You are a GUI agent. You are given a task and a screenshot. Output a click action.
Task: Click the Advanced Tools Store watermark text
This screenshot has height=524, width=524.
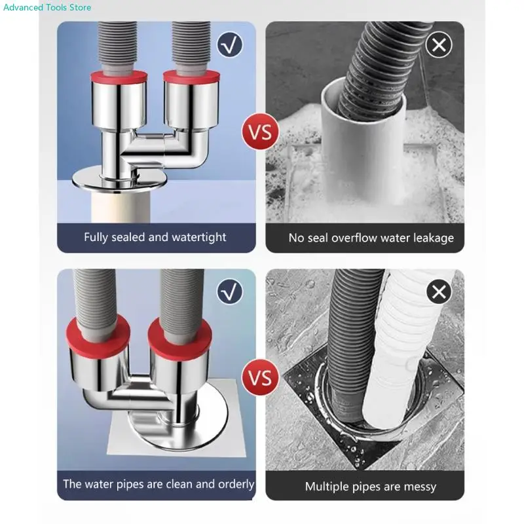tap(47, 7)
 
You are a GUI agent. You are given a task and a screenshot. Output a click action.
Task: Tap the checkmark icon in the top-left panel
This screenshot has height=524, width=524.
tap(230, 45)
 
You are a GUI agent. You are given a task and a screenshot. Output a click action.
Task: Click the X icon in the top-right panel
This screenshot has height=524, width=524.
tap(439, 45)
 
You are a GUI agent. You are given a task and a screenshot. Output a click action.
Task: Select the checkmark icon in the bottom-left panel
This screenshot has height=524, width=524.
tap(230, 291)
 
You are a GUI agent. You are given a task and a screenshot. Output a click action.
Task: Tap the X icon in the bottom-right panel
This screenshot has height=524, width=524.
tap(439, 291)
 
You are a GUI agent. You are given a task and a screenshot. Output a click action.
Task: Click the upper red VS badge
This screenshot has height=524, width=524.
tap(260, 132)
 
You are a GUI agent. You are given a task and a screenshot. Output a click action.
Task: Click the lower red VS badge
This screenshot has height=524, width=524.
tap(260, 378)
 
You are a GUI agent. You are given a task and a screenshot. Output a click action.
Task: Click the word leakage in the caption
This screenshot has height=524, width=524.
tap(434, 238)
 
